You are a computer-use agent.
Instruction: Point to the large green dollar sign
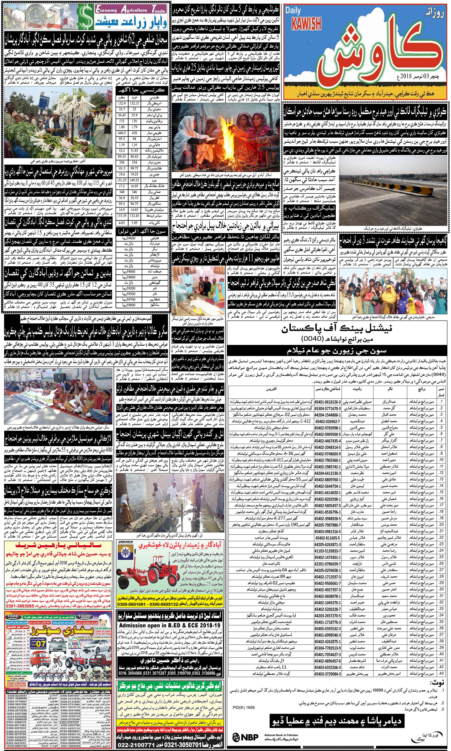click(83, 17)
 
